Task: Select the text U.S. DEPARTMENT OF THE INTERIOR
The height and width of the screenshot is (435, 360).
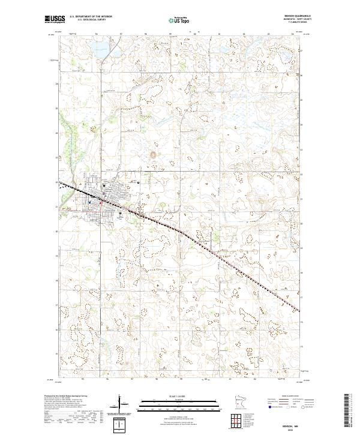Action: point(91,17)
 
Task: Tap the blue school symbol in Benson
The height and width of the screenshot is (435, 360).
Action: point(89,202)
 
